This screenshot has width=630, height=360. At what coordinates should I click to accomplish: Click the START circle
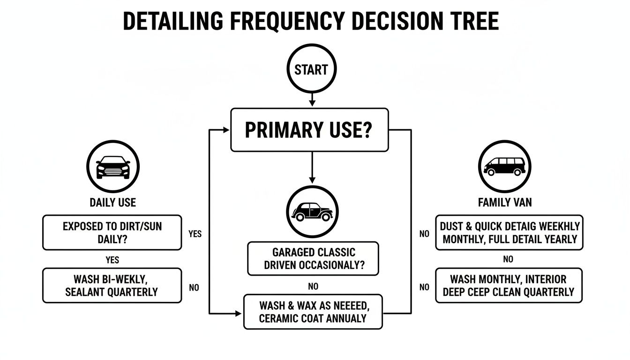coord(311,70)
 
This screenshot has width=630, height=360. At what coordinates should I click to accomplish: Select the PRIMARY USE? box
coord(309,130)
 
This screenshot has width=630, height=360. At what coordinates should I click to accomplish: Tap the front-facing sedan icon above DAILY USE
coord(112,167)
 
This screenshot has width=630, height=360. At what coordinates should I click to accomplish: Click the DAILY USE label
coord(112,202)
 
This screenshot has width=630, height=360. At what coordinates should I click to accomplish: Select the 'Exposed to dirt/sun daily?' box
coord(112,232)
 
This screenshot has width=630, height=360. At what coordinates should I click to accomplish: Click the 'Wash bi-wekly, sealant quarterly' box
coord(112,285)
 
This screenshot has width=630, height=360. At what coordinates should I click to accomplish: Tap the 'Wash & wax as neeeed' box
coord(313,312)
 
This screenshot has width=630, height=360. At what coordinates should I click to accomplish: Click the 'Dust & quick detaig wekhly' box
coord(510,232)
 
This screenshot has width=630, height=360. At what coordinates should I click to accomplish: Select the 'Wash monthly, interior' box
coord(509,285)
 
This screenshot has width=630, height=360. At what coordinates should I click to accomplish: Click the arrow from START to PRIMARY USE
coord(311,99)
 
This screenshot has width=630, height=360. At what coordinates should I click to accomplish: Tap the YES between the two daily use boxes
coord(112,260)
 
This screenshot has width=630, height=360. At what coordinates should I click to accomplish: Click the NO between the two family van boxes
coord(508,259)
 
